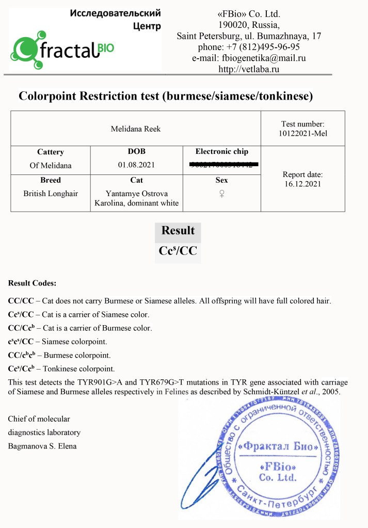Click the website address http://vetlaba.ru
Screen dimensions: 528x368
tap(249, 69)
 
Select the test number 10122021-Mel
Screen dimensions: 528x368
tap(302, 134)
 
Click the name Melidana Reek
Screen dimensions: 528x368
tap(136, 129)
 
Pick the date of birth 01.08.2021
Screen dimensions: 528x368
tap(136, 166)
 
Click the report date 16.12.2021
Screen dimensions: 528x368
tap(302, 183)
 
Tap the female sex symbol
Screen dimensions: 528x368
tap(222, 194)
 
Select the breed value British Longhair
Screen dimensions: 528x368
tap(50, 194)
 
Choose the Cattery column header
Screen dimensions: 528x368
tap(50, 152)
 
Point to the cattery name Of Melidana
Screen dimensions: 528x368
tap(50, 166)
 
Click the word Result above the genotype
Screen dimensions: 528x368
tap(178, 230)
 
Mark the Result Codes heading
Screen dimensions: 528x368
tap(32, 283)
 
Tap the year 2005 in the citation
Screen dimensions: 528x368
tap(330, 392)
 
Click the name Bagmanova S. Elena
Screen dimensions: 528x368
tap(42, 445)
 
